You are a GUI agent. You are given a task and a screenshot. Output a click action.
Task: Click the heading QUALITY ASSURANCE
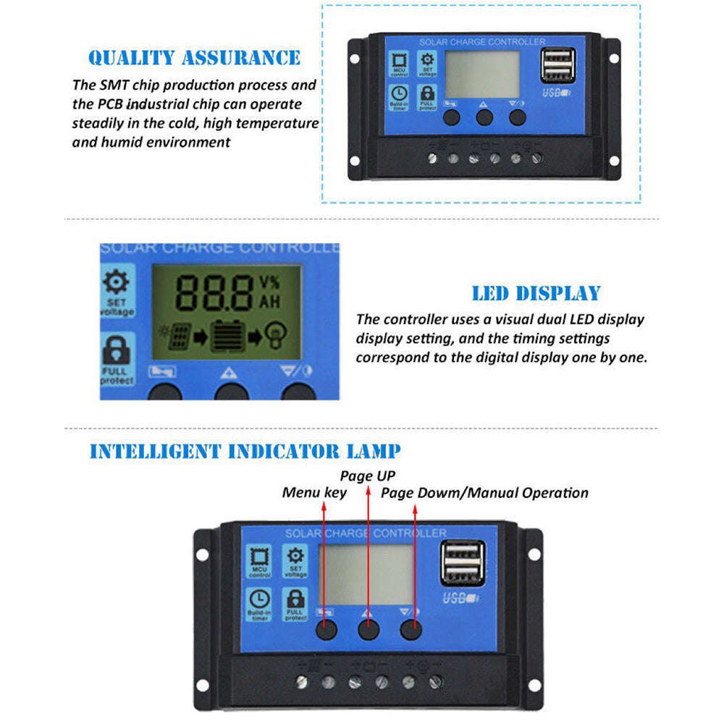pos(194,58)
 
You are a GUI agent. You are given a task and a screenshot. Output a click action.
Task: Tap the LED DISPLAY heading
pos(536,293)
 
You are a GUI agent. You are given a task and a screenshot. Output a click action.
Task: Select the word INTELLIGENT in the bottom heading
pos(155,452)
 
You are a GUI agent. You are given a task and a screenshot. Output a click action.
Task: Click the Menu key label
pos(314,493)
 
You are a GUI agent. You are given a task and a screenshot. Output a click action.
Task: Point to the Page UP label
pos(368,476)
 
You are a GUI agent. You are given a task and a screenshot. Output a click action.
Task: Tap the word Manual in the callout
pos(494,493)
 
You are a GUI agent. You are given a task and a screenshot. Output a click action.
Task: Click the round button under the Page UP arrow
pos(369,630)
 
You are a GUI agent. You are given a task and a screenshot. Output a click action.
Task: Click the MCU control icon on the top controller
pos(399,64)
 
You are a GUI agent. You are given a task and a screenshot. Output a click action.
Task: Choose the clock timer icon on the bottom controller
pos(259,602)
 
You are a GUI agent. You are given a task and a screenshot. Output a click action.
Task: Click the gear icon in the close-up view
pos(117,283)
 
